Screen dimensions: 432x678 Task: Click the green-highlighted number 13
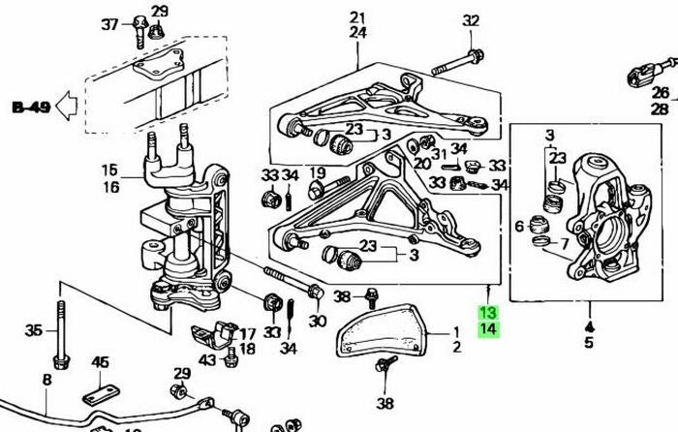tap(486, 313)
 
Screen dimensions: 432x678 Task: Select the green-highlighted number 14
tap(486, 329)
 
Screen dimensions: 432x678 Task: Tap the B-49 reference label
tap(31, 105)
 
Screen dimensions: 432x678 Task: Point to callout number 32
tap(471, 20)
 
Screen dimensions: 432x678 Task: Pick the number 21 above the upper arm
tap(358, 17)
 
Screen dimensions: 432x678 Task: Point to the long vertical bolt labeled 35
tap(62, 335)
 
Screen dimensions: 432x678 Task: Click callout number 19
tap(316, 173)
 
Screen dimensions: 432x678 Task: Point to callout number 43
tap(208, 360)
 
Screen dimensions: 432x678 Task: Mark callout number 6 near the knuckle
tap(519, 227)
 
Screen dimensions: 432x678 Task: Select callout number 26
tap(661, 94)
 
